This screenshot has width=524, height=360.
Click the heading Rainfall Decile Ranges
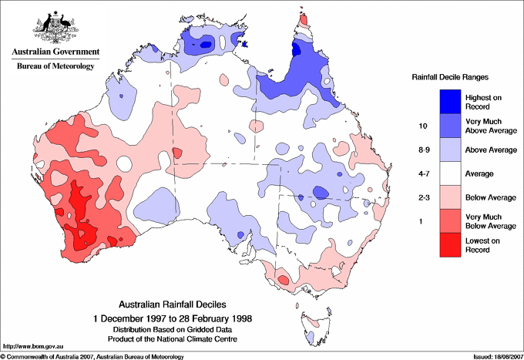(x=452, y=78)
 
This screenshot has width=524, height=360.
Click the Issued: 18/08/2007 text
(x=492, y=355)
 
